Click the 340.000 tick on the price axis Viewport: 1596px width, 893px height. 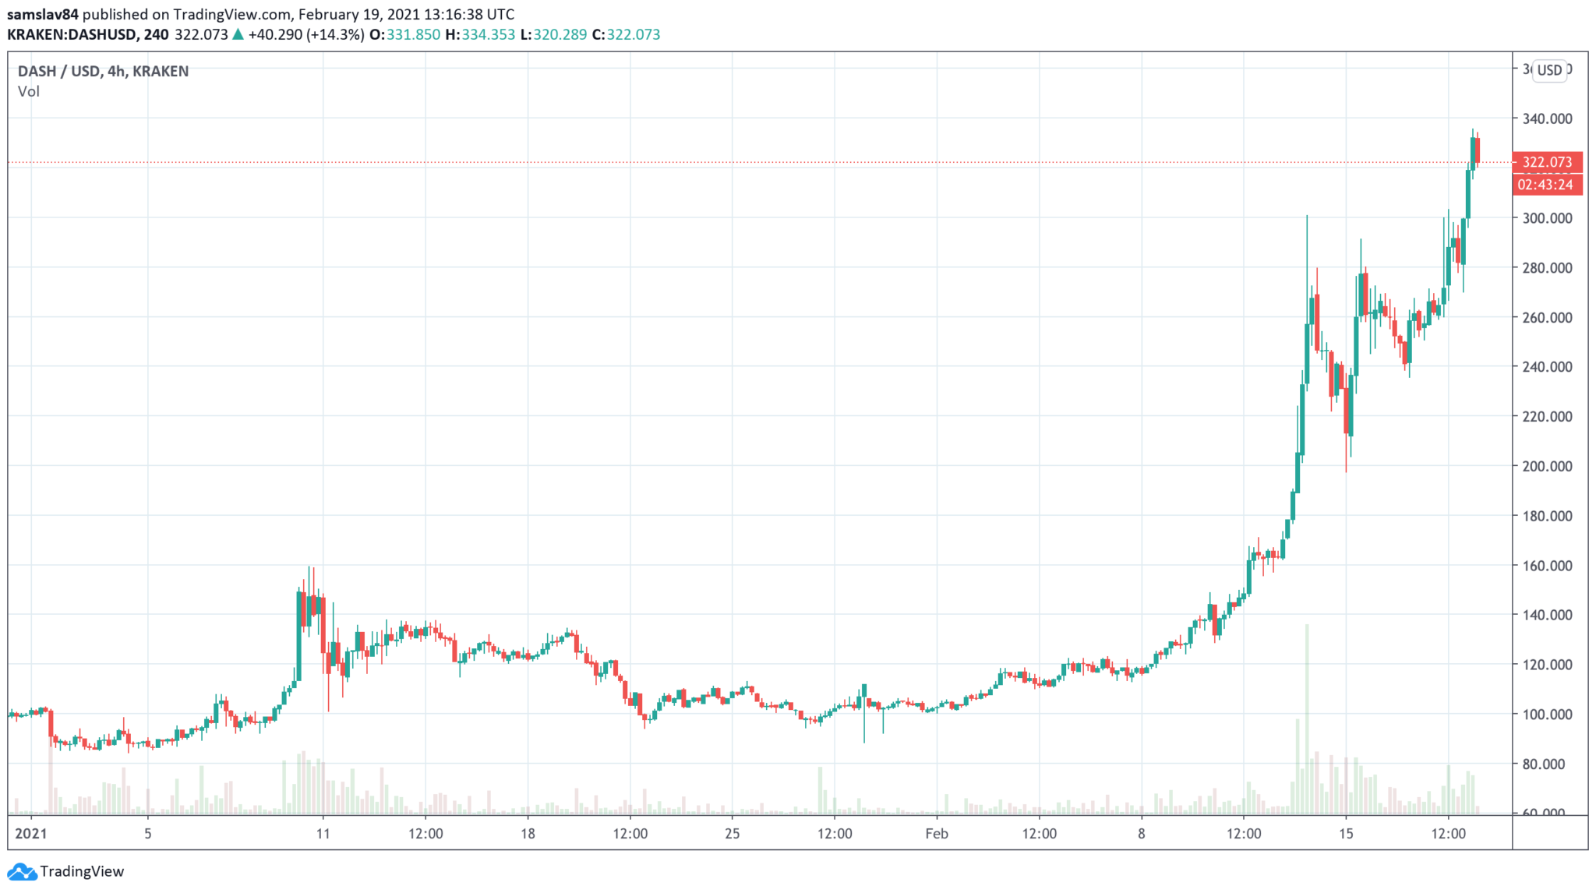[x=1547, y=118]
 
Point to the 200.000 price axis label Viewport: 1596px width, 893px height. [x=1547, y=466]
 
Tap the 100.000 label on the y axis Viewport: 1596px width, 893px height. [x=1547, y=714]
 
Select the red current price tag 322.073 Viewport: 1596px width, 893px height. [x=1547, y=162]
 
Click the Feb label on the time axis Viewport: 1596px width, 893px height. [x=936, y=834]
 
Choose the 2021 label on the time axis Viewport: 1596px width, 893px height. [x=31, y=834]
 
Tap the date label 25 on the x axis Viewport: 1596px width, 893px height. [x=732, y=834]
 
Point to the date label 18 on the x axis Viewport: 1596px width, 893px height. [x=528, y=834]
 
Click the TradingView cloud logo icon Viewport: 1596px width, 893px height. [x=21, y=871]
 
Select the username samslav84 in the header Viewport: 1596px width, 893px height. [x=43, y=14]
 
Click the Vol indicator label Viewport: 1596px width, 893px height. [x=29, y=91]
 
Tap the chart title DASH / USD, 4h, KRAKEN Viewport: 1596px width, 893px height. [x=103, y=71]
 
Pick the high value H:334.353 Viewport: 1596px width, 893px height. [x=480, y=34]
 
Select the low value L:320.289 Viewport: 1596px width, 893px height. [x=553, y=34]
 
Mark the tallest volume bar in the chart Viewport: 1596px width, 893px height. [x=1307, y=717]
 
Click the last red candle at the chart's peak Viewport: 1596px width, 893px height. [x=1478, y=150]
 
